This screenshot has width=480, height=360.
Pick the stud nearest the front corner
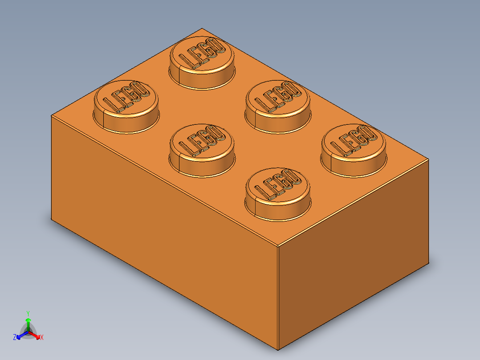pos(277,193)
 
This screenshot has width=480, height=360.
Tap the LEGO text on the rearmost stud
pos(201,53)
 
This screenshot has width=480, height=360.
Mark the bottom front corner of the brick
pos(278,350)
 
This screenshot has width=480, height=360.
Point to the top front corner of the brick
pos(278,245)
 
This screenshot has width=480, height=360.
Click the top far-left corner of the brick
pos(52,115)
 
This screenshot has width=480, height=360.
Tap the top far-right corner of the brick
pos(429,159)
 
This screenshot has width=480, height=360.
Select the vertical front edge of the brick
pos(278,299)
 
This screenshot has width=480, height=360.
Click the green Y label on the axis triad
pos(28,313)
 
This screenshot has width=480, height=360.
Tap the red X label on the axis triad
pos(42,337)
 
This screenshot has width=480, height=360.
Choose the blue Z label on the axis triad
pos(15,337)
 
